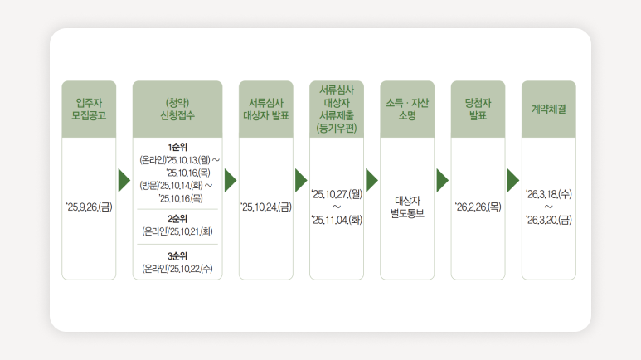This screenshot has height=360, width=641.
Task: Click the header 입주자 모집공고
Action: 89,109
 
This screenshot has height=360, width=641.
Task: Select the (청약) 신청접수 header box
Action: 177,109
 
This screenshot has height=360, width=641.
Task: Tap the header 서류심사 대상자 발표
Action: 266,109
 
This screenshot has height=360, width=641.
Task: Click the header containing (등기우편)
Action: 337,109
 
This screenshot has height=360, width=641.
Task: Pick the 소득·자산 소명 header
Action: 407,109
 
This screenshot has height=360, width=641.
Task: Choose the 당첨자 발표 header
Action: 478,109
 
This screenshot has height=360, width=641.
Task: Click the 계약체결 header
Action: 548,109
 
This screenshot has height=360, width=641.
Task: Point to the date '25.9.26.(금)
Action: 89,207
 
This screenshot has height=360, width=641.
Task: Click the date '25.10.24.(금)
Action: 266,207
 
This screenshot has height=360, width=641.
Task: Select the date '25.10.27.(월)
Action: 337,194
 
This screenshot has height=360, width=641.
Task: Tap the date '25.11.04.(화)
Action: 337,220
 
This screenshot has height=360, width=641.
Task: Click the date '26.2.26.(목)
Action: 478,207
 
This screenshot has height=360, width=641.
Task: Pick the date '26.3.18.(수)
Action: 549,194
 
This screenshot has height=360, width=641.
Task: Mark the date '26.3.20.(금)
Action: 549,220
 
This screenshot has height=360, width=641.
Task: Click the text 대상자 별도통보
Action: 407,207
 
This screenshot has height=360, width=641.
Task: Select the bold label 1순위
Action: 177,147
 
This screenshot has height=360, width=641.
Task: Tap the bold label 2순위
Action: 177,218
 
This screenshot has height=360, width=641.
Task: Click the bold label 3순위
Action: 177,255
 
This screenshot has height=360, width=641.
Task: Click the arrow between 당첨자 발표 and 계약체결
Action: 512,180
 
